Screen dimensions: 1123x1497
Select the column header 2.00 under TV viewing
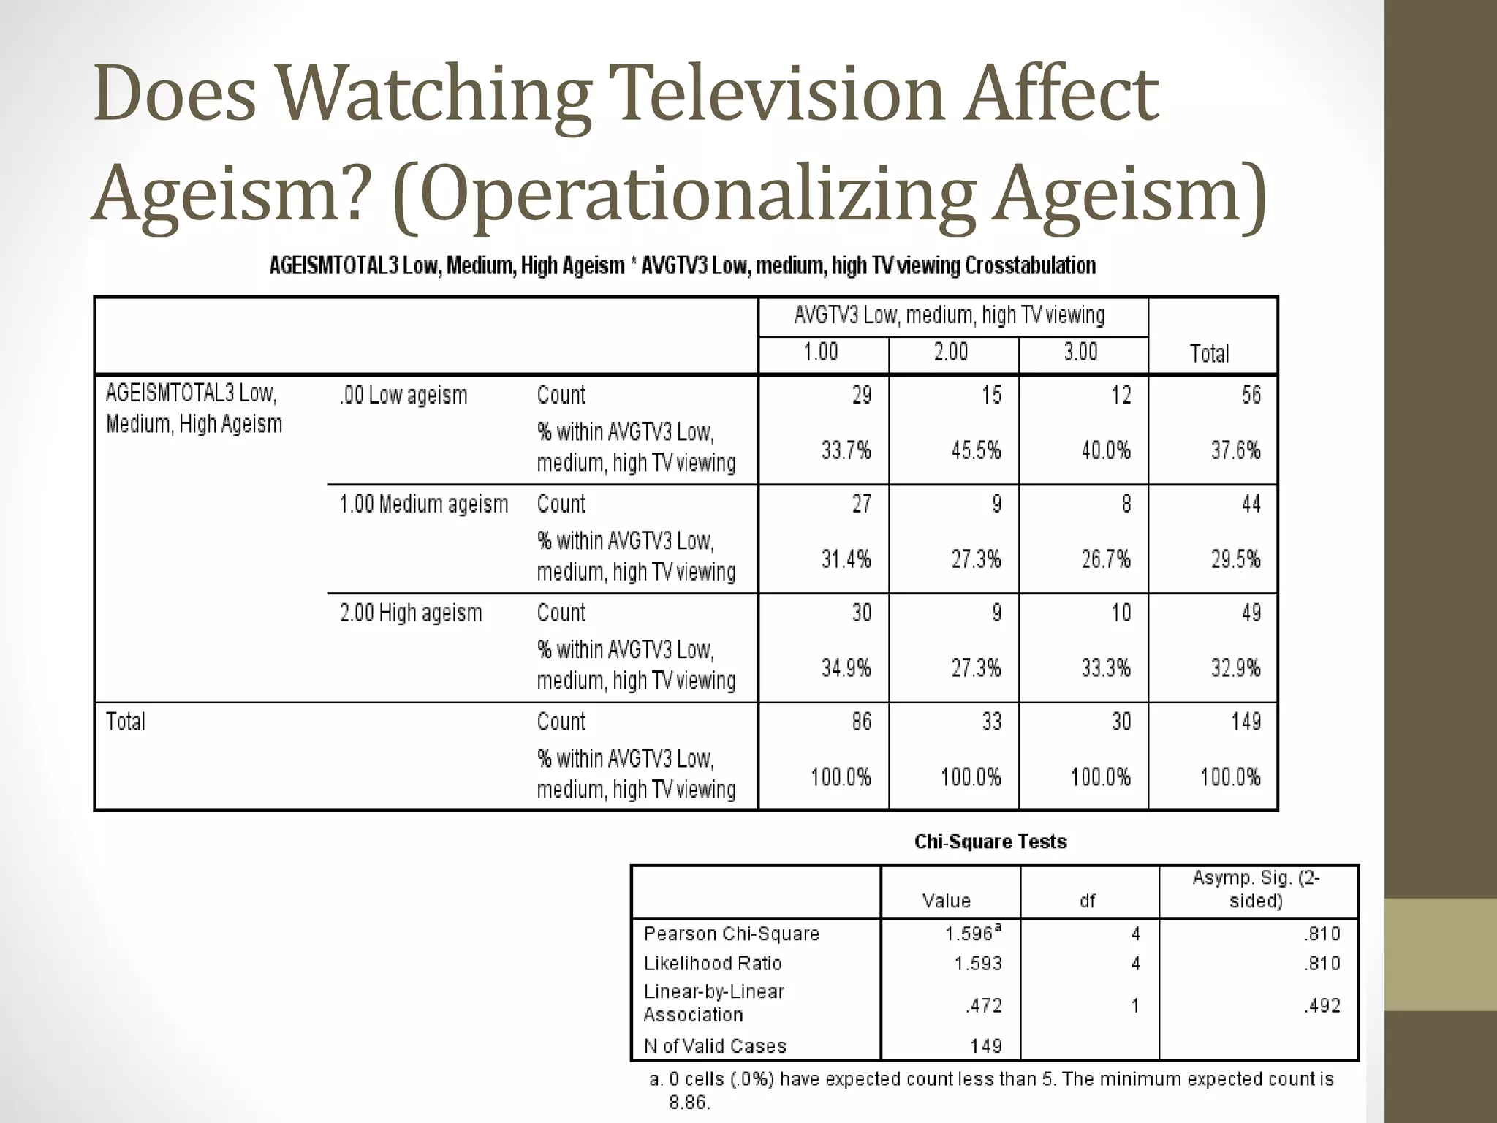coord(951,352)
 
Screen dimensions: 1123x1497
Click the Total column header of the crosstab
coord(1209,354)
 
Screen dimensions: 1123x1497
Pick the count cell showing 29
coord(861,396)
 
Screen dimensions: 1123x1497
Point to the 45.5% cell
coord(976,450)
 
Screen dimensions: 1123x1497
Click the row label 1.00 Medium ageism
coord(423,504)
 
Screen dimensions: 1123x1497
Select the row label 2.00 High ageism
coord(411,613)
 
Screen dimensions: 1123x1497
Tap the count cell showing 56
coord(1251,396)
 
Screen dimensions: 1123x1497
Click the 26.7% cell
coord(1106,559)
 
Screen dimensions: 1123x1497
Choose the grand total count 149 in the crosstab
coord(1246,722)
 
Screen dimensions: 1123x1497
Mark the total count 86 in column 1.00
coord(861,722)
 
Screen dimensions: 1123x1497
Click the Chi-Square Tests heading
coord(990,842)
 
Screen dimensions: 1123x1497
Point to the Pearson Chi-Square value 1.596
coord(969,934)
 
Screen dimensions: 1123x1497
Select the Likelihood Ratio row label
coord(713,964)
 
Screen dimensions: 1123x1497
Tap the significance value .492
coord(1322,1006)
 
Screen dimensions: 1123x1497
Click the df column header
coord(1087,901)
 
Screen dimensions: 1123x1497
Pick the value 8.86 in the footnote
coord(689,1103)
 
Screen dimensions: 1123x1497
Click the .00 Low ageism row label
coord(403,396)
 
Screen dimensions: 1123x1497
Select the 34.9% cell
coord(846,668)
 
